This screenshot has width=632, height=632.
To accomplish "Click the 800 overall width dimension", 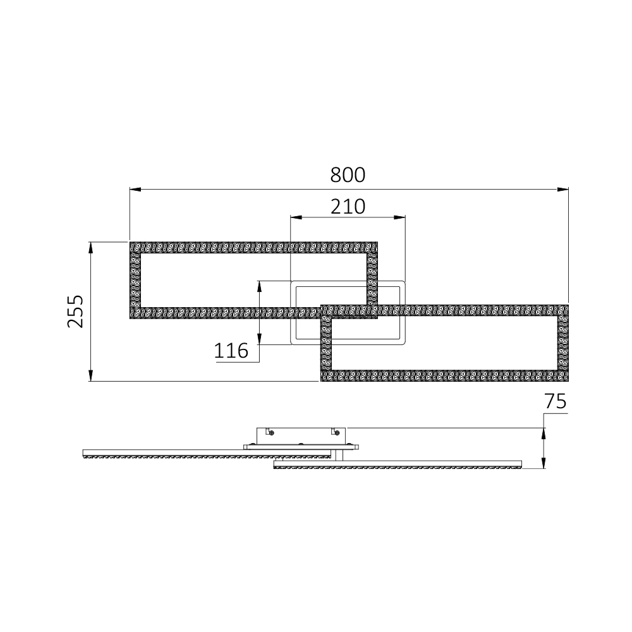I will [x=348, y=175].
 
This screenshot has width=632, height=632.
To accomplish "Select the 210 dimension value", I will [x=348, y=207].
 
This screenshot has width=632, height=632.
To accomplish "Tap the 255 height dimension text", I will [x=76, y=311].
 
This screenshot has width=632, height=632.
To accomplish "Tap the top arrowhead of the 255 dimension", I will [x=91, y=246].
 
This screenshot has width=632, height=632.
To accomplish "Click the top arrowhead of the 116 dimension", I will [x=259, y=286].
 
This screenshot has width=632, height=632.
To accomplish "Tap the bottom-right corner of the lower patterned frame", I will [x=567, y=380].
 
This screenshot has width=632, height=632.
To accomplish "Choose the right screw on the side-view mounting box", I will [x=337, y=433].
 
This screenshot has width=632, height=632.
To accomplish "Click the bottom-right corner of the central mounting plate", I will [x=404, y=344].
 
